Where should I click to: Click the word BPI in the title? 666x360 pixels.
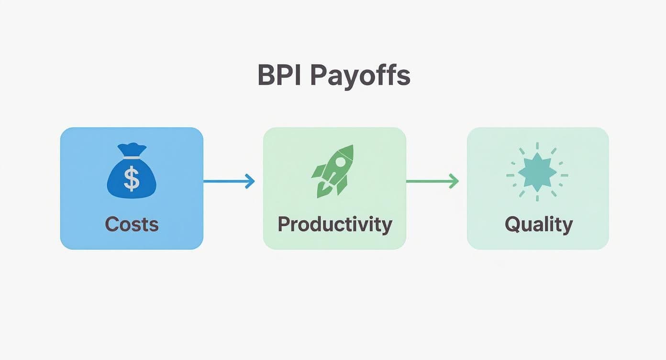tap(278, 75)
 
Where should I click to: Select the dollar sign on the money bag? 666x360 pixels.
tap(132, 179)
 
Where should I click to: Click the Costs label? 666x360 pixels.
tap(132, 224)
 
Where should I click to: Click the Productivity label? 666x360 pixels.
tap(334, 224)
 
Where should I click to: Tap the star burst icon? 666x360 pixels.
tap(537, 172)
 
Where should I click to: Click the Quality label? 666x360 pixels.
tap(538, 224)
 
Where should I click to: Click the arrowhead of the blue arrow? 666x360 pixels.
tap(250, 181)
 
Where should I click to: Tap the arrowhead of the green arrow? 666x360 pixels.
tap(454, 181)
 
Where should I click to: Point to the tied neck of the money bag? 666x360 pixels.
tap(132, 155)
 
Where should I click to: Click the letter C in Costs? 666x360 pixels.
tap(111, 224)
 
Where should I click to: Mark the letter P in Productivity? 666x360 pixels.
tap(284, 224)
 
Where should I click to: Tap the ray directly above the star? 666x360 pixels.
tap(537, 146)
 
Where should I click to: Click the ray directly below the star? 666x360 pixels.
tap(537, 198)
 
